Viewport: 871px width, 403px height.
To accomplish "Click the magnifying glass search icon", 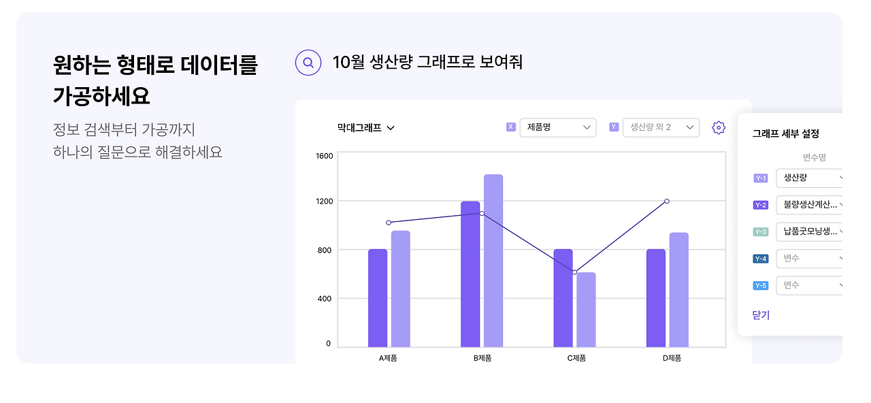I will coord(308,63).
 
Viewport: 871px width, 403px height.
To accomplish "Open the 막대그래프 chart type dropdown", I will coord(366,127).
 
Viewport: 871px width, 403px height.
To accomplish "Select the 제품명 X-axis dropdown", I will coord(558,127).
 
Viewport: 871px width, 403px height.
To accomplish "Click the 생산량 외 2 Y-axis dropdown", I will coord(661,127).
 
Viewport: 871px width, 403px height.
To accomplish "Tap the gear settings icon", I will coord(719,127).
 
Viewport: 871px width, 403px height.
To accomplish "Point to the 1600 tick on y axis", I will coord(325,156).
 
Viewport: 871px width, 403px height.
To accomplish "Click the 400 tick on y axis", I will coord(325,299).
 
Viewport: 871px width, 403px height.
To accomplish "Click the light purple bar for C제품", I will coord(586,310).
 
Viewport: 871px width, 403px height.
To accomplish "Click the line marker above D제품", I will coord(667,201).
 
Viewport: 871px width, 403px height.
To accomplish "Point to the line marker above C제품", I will coord(575,272).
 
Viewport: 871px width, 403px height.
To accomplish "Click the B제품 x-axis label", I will coord(482,358).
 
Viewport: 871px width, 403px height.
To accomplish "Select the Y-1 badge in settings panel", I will coord(761,178).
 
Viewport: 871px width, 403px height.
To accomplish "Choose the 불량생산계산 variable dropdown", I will coord(810,204).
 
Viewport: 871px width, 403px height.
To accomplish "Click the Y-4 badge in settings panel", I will coord(761,259).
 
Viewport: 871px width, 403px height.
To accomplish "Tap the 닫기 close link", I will coord(761,315).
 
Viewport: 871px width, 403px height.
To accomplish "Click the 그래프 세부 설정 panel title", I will coord(785,134).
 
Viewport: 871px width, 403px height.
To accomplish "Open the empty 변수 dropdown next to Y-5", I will coord(810,285).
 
